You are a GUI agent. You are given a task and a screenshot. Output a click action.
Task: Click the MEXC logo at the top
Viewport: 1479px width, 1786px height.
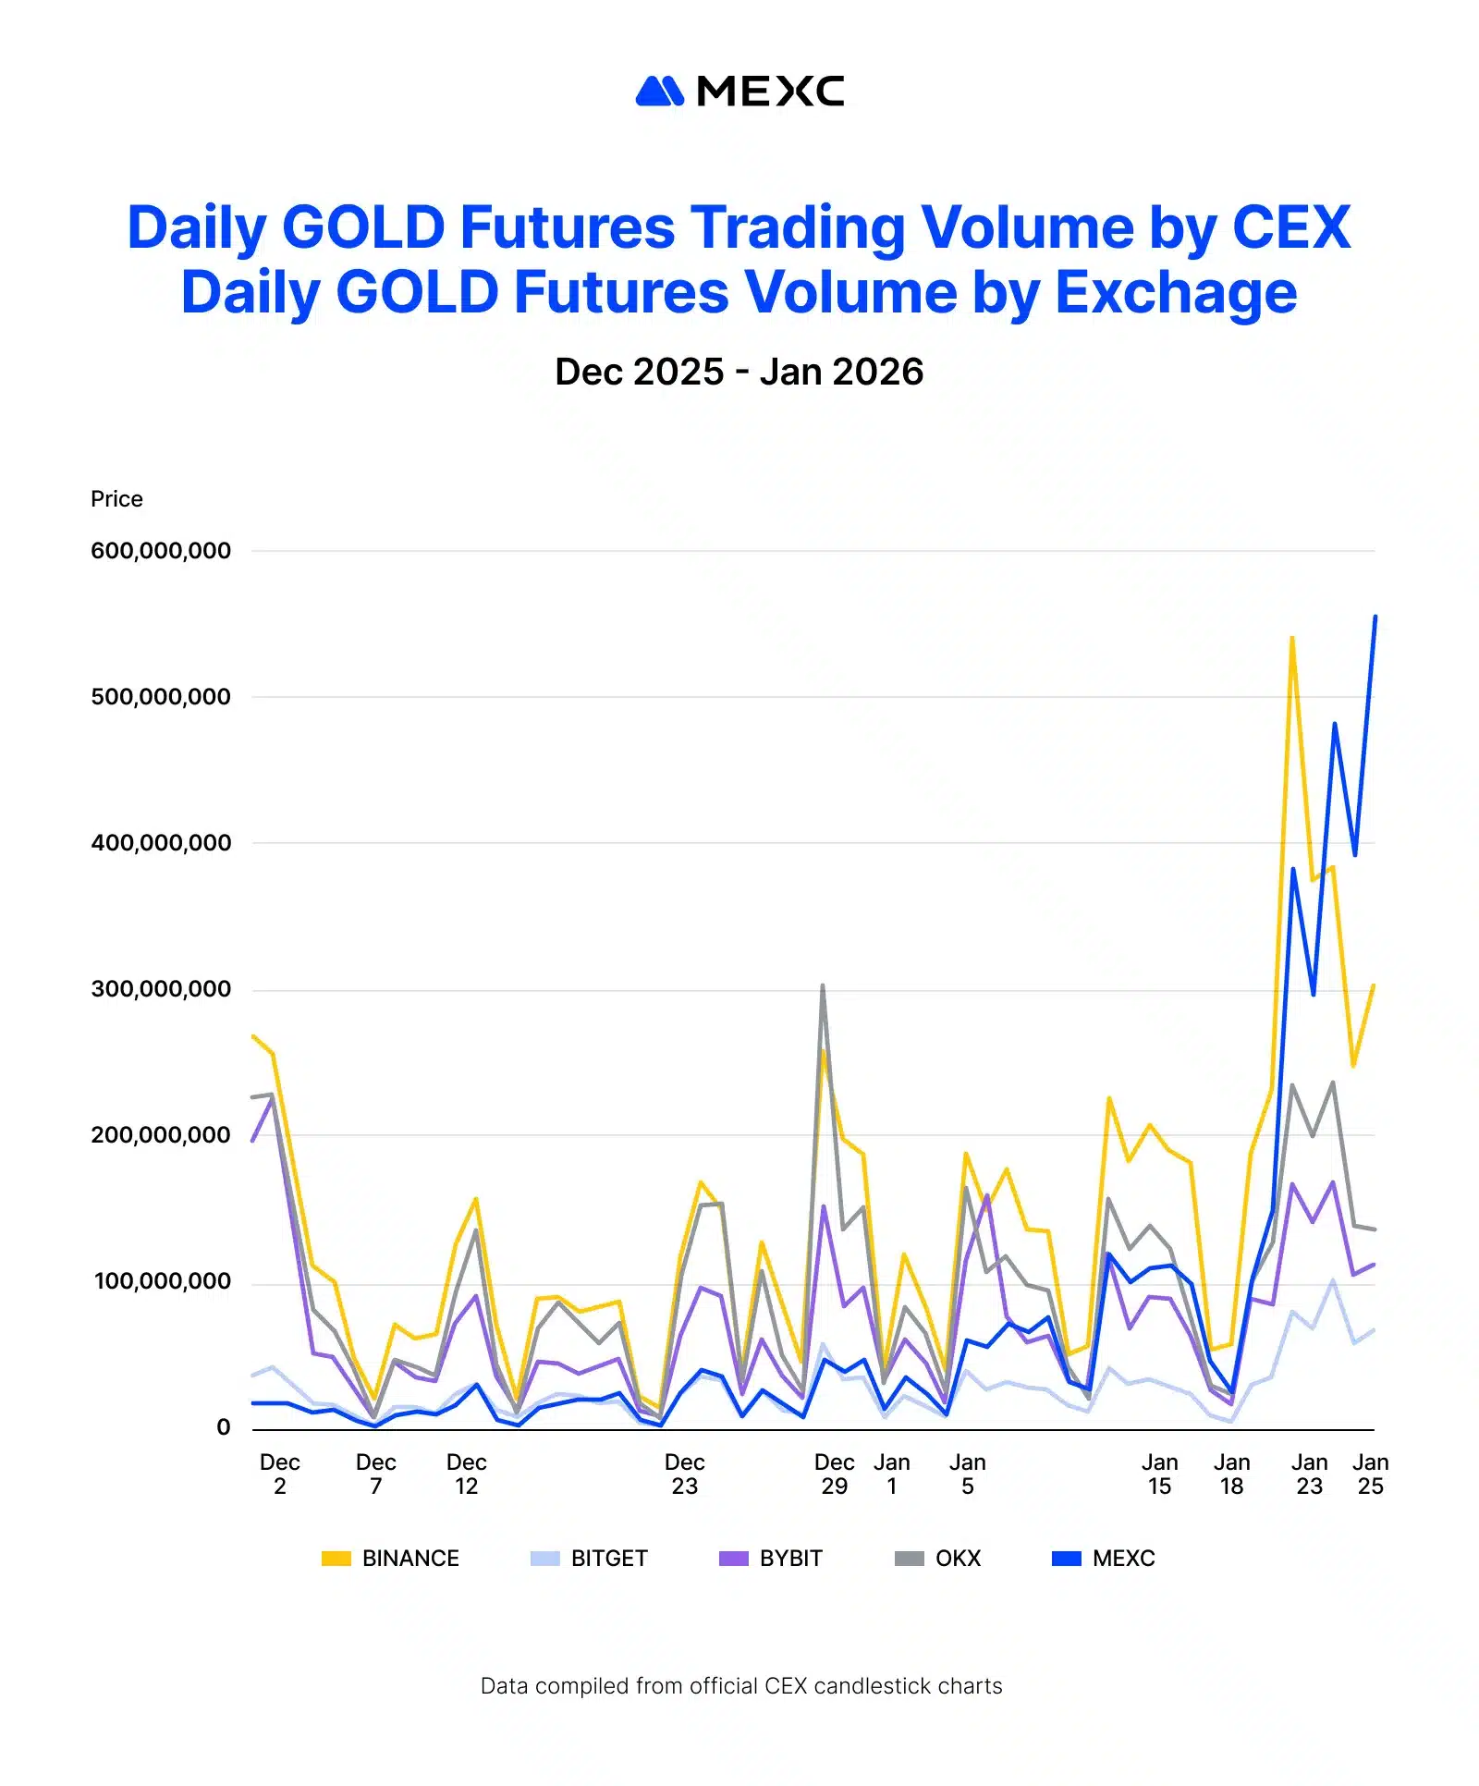[739, 92]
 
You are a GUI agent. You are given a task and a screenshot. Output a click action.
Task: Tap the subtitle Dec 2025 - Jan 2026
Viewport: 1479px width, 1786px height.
[739, 372]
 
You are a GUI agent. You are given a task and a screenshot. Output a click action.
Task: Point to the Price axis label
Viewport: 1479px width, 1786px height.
[116, 499]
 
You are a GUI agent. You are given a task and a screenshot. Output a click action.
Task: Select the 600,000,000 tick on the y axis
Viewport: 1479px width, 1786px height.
[161, 551]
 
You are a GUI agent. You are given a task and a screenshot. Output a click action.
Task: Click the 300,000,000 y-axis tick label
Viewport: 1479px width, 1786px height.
[161, 989]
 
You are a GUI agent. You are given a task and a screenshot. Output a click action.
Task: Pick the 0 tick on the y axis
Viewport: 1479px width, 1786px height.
[224, 1427]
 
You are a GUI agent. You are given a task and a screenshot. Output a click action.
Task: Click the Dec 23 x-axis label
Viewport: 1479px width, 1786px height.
[684, 1474]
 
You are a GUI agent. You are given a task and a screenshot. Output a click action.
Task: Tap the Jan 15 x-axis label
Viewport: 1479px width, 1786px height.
[1159, 1474]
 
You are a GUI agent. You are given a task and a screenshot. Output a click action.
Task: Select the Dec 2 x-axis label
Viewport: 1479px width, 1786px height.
[279, 1474]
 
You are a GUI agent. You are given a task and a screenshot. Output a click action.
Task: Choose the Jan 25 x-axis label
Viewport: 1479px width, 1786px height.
[1370, 1474]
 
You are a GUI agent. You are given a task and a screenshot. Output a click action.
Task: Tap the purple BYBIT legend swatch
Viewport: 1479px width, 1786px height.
[733, 1559]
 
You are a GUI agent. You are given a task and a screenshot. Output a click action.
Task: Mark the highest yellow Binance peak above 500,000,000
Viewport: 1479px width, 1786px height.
[1291, 638]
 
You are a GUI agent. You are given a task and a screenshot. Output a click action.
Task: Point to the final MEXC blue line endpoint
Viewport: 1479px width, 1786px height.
[1375, 617]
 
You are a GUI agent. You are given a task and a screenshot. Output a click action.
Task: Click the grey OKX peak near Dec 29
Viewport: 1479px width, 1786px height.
[822, 986]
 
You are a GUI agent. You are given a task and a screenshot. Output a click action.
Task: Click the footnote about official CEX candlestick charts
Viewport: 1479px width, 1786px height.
[740, 1685]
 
